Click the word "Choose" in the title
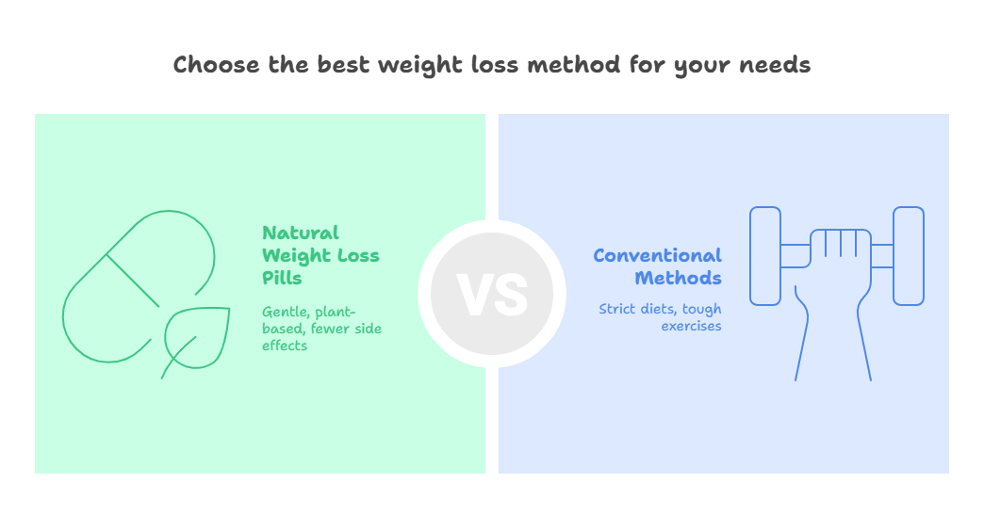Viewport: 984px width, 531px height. [216, 65]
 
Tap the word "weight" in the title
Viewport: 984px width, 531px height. [419, 66]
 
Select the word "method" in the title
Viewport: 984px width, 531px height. [574, 65]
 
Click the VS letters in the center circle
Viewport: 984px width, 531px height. [492, 295]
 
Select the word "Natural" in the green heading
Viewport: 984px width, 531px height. [301, 233]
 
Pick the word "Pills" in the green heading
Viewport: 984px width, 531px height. [282, 278]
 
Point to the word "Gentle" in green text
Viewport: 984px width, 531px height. [286, 313]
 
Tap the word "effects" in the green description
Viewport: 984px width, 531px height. [285, 346]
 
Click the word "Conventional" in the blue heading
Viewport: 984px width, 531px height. [657, 256]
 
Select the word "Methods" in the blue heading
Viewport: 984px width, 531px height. [678, 278]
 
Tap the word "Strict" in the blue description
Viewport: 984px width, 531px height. [616, 309]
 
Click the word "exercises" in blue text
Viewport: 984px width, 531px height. [691, 326]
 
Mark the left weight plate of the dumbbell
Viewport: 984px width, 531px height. [765, 256]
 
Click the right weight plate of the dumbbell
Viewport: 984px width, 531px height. [908, 256]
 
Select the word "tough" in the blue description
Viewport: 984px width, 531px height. [701, 310]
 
